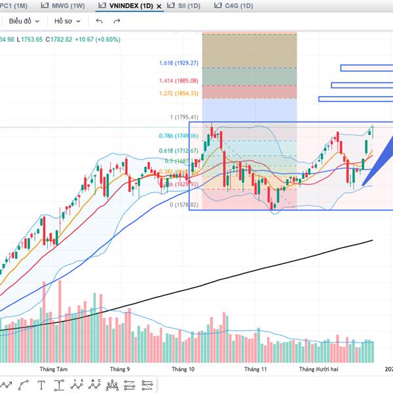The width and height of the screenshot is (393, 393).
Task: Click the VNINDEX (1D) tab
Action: (126, 5)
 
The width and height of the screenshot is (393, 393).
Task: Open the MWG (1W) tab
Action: (66, 5)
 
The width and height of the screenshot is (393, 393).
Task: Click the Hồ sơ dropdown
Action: (67, 21)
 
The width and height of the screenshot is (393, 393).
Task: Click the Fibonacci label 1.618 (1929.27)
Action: (178, 64)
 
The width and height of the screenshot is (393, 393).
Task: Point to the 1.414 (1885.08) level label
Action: (178, 81)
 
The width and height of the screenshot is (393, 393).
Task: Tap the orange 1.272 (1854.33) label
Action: (178, 94)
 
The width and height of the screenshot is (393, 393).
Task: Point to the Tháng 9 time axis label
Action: (120, 369)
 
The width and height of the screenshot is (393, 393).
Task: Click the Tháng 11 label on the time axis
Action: (255, 369)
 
